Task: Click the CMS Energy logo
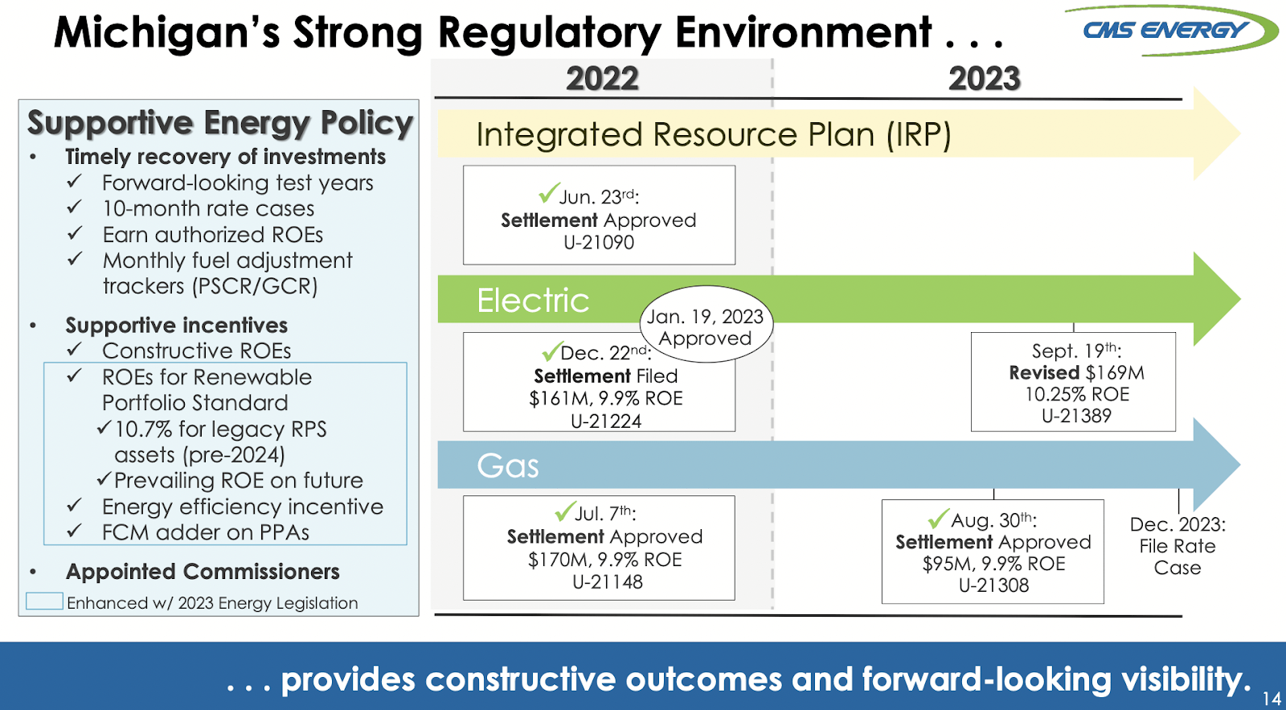pyautogui.click(x=1169, y=31)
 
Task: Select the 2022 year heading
pyautogui.click(x=602, y=79)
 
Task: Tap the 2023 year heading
pyautogui.click(x=984, y=79)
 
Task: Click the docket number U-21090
pyautogui.click(x=599, y=243)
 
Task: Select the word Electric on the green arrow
pyautogui.click(x=533, y=301)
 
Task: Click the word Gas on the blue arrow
pyautogui.click(x=507, y=466)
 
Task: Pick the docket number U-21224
pyautogui.click(x=605, y=421)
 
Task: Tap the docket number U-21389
pyautogui.click(x=1076, y=417)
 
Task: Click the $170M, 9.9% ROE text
pyautogui.click(x=604, y=560)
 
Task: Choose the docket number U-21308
pyautogui.click(x=993, y=586)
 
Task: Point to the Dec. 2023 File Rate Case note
pyautogui.click(x=1177, y=546)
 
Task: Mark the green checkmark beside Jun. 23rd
pyautogui.click(x=549, y=194)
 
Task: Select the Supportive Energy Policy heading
pyautogui.click(x=219, y=123)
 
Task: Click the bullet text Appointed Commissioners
pyautogui.click(x=203, y=572)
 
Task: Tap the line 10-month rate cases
pyautogui.click(x=208, y=209)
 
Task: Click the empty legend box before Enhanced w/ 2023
pyautogui.click(x=44, y=601)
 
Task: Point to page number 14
pyautogui.click(x=1272, y=699)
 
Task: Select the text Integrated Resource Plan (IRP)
pyautogui.click(x=713, y=135)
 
